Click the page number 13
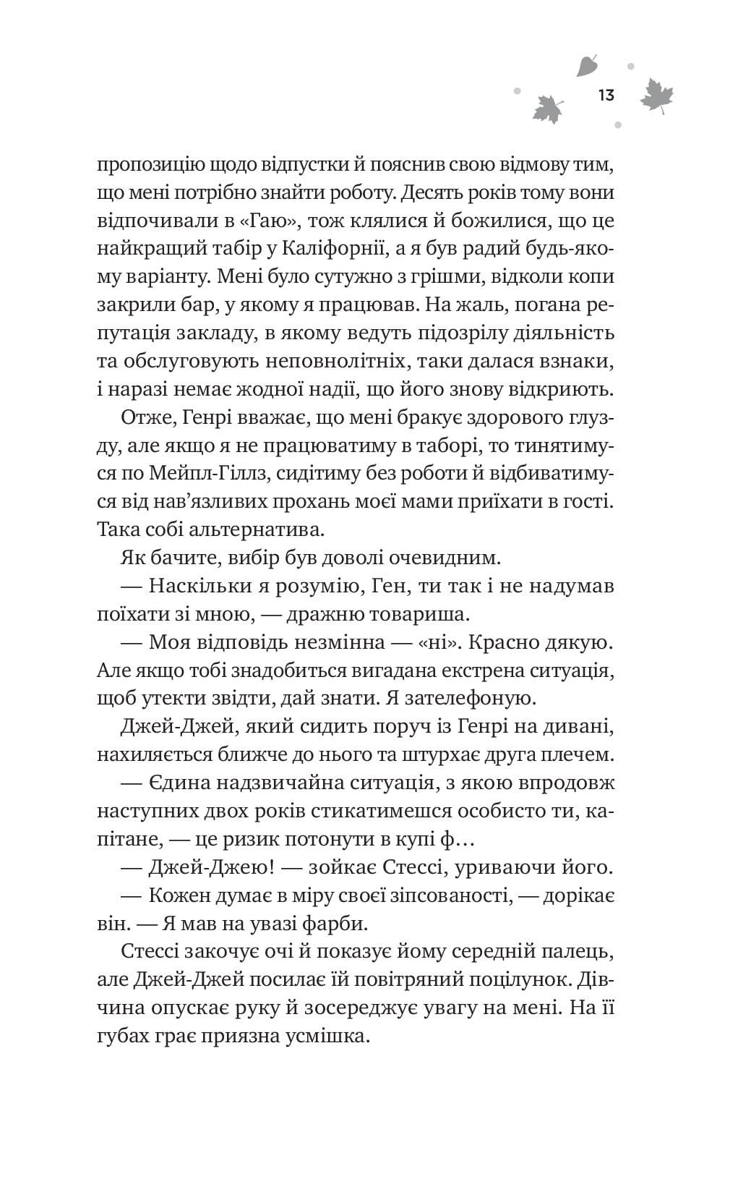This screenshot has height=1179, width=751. tap(606, 95)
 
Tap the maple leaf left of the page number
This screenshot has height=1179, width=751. tap(547, 108)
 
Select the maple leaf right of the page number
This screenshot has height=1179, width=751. tap(657, 95)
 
